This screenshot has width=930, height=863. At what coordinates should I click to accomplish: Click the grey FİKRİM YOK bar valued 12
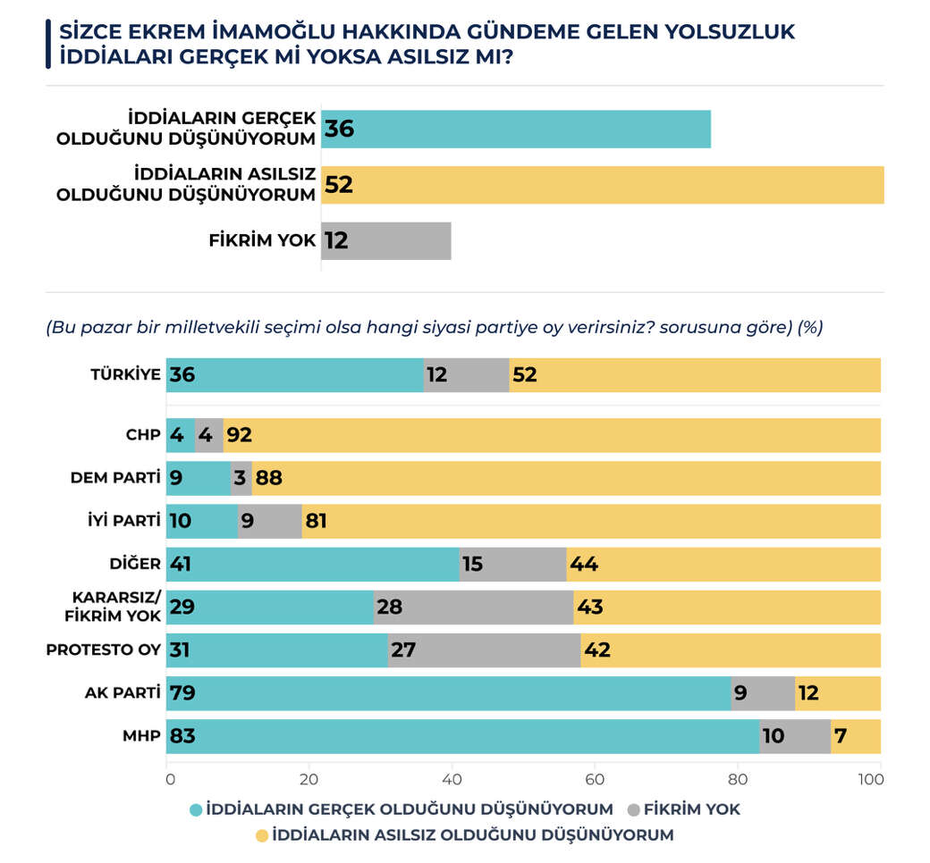click(x=386, y=240)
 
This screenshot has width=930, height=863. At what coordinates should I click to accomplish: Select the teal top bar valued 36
click(x=516, y=130)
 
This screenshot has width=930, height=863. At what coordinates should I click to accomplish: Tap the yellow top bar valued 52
click(x=603, y=185)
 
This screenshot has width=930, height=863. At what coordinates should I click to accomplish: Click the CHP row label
click(x=142, y=435)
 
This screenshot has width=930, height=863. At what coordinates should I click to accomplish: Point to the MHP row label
click(x=141, y=736)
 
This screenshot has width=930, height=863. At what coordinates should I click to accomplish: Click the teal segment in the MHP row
click(x=462, y=736)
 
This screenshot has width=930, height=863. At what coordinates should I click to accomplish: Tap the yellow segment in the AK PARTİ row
click(x=838, y=693)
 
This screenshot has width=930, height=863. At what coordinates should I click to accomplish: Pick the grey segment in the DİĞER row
click(x=512, y=564)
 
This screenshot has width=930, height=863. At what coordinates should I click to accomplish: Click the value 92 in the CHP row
click(x=239, y=435)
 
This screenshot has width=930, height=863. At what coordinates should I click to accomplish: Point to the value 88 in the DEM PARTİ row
click(x=269, y=478)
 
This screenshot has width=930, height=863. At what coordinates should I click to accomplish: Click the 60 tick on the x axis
click(x=595, y=779)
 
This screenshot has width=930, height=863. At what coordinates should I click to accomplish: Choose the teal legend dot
click(x=196, y=809)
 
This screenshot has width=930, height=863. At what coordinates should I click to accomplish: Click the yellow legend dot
click(x=261, y=836)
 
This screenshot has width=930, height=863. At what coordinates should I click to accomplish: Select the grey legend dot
click(x=633, y=809)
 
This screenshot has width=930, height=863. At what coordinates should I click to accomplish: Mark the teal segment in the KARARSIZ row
click(x=269, y=607)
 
